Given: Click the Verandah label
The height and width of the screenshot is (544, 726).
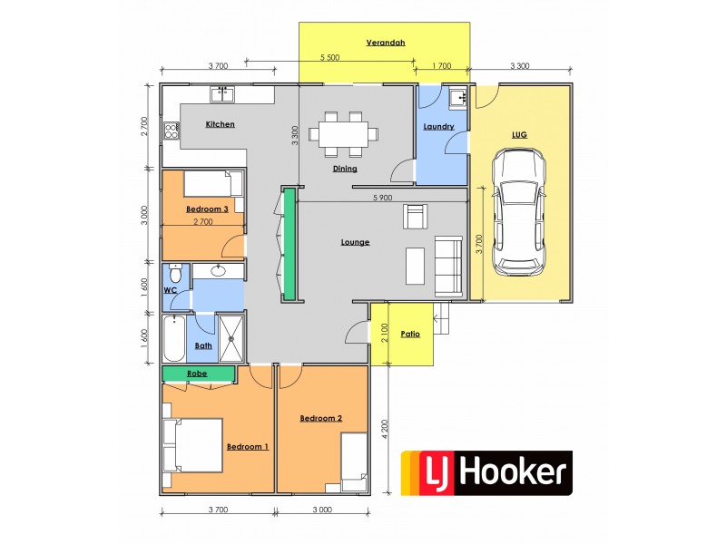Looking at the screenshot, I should [x=385, y=43].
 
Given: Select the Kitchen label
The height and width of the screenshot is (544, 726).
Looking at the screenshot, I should [x=221, y=124].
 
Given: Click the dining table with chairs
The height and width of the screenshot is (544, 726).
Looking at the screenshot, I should [x=344, y=132].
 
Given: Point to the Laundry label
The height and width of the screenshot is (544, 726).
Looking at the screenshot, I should [x=438, y=126].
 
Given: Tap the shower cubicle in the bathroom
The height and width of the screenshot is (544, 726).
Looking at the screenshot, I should [x=231, y=337].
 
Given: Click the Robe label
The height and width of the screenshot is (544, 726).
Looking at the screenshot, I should [x=197, y=373].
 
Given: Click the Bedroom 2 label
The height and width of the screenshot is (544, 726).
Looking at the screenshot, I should [x=321, y=418].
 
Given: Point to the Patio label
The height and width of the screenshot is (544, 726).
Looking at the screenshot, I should [x=410, y=335].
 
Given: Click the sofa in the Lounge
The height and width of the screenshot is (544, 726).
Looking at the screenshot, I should [x=447, y=264].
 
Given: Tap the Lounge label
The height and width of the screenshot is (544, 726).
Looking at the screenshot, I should [x=355, y=242].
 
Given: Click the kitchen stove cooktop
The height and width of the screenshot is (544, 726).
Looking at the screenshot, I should [x=171, y=130].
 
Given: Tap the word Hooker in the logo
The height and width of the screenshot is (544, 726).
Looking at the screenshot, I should [x=513, y=472].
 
